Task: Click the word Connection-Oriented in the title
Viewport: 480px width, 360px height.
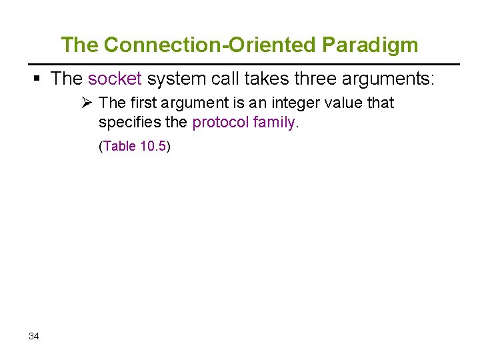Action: (211, 45)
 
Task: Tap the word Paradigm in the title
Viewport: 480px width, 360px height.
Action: (371, 45)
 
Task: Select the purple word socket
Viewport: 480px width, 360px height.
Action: (115, 79)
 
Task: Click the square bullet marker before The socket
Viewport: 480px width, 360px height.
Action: (37, 79)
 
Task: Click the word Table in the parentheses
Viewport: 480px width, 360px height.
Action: (119, 146)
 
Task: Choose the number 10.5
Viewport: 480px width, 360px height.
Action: (153, 146)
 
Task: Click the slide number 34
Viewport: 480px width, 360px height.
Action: (34, 336)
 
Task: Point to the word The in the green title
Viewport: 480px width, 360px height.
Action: (79, 45)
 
